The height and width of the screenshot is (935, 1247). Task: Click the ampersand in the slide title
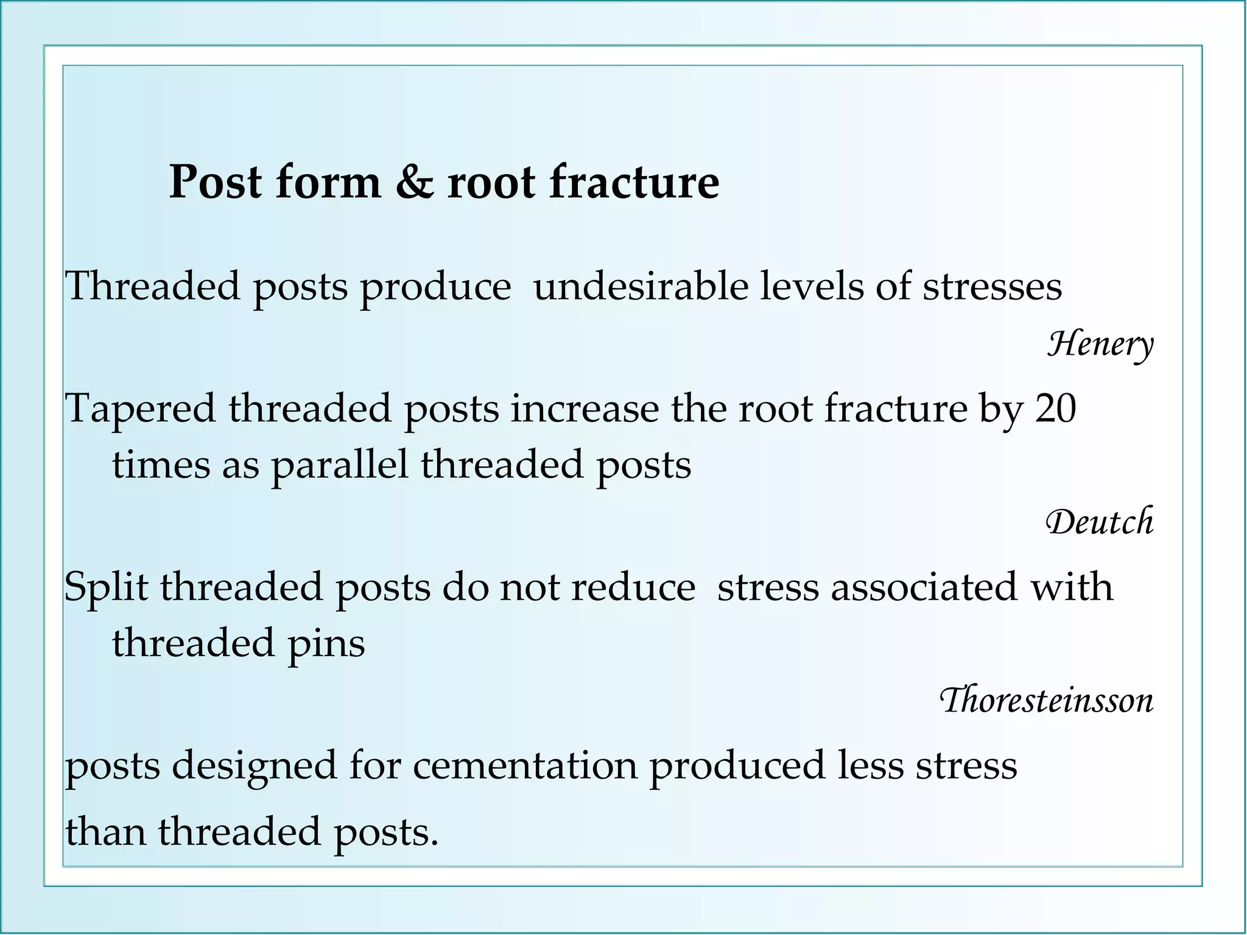click(x=414, y=183)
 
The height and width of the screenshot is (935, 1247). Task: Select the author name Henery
click(x=1100, y=345)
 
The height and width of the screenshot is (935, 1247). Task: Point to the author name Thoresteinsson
click(x=1047, y=701)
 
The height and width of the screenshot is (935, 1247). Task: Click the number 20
click(x=1056, y=408)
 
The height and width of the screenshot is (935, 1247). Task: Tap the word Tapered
click(x=141, y=410)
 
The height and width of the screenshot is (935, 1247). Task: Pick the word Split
click(x=107, y=588)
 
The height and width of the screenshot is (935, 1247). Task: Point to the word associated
click(x=924, y=587)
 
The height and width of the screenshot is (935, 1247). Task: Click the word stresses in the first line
click(x=992, y=286)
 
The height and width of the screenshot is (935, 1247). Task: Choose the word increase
click(x=585, y=409)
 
